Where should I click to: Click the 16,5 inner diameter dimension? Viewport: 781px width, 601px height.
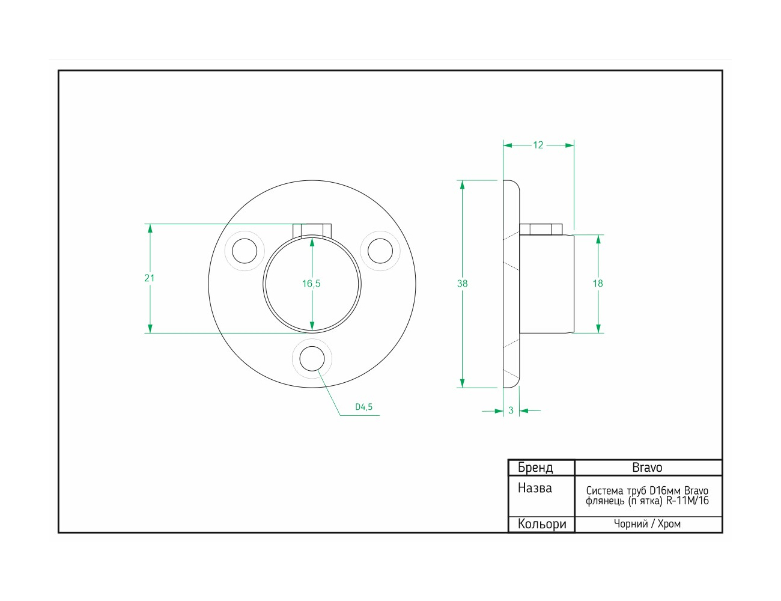pos(311,284)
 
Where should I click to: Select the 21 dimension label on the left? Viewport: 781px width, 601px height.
pos(149,278)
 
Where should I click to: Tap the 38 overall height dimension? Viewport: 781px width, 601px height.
pos(462,284)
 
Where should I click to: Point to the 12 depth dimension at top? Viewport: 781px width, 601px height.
pos(538,145)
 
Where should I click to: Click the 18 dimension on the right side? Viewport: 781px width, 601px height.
pos(598,284)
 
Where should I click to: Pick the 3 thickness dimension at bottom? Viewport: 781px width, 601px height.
pos(511,410)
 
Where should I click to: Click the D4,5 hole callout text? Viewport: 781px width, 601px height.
pos(363,407)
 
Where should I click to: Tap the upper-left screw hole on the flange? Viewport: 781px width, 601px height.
pos(245,251)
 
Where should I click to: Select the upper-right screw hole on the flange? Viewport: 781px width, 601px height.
pos(380,251)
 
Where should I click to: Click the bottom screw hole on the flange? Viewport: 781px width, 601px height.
pos(312,359)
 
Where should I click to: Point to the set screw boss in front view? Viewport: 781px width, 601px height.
pos(312,230)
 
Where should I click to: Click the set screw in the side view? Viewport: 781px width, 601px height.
pos(541,230)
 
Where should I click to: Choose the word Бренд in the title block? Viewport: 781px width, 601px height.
pos(535,468)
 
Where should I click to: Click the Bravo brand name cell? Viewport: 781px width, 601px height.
pos(647,468)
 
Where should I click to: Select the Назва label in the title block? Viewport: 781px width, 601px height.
pos(535,488)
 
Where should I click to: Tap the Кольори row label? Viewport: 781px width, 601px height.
pos(542,524)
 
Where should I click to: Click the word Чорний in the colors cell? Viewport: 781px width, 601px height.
pos(631,524)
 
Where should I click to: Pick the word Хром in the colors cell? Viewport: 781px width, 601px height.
pos(669,524)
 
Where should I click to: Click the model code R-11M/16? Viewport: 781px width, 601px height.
pos(687,501)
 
